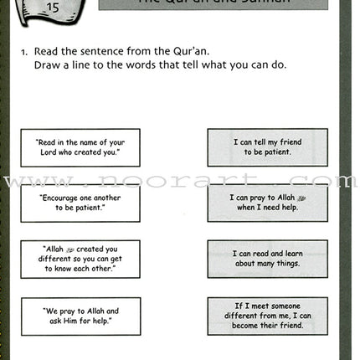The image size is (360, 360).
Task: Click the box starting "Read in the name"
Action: coord(80,147)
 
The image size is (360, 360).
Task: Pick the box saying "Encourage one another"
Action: coord(80,203)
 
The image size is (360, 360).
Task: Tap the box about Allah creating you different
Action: coord(80,259)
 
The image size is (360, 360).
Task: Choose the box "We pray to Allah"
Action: coord(80,316)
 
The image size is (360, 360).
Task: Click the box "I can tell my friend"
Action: coord(267,147)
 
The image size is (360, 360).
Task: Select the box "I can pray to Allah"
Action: coord(267,203)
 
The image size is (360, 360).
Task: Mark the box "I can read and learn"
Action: coord(267,259)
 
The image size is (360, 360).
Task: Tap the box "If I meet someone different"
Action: coord(267,316)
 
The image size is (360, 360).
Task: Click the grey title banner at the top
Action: coord(213,4)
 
